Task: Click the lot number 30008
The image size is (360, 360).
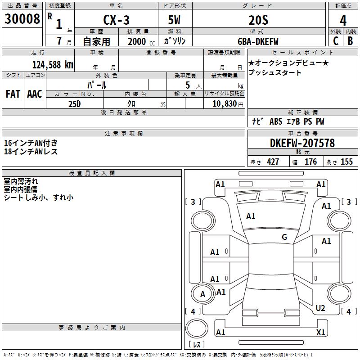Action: (22, 19)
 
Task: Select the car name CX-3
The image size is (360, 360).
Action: (117, 20)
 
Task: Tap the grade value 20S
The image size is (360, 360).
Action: (258, 20)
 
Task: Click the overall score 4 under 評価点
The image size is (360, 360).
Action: (343, 21)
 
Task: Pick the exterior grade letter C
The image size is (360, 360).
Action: (336, 41)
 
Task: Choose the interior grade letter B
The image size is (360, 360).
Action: (350, 41)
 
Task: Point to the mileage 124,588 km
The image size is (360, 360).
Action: (53, 65)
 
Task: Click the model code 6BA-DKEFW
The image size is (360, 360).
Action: (258, 41)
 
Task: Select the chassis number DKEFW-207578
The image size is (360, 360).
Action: (302, 143)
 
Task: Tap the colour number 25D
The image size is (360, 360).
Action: (75, 104)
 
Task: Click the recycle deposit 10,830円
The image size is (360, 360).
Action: (228, 104)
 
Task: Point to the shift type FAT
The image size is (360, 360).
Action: (13, 94)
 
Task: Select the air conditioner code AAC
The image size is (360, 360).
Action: (35, 94)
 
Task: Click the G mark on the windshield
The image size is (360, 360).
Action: (284, 237)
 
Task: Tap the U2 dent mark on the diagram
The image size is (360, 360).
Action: (320, 308)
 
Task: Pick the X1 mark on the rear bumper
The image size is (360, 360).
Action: (320, 332)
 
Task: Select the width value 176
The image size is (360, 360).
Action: (310, 162)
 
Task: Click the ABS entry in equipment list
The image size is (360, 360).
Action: (276, 121)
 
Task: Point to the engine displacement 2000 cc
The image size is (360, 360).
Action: (141, 41)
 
